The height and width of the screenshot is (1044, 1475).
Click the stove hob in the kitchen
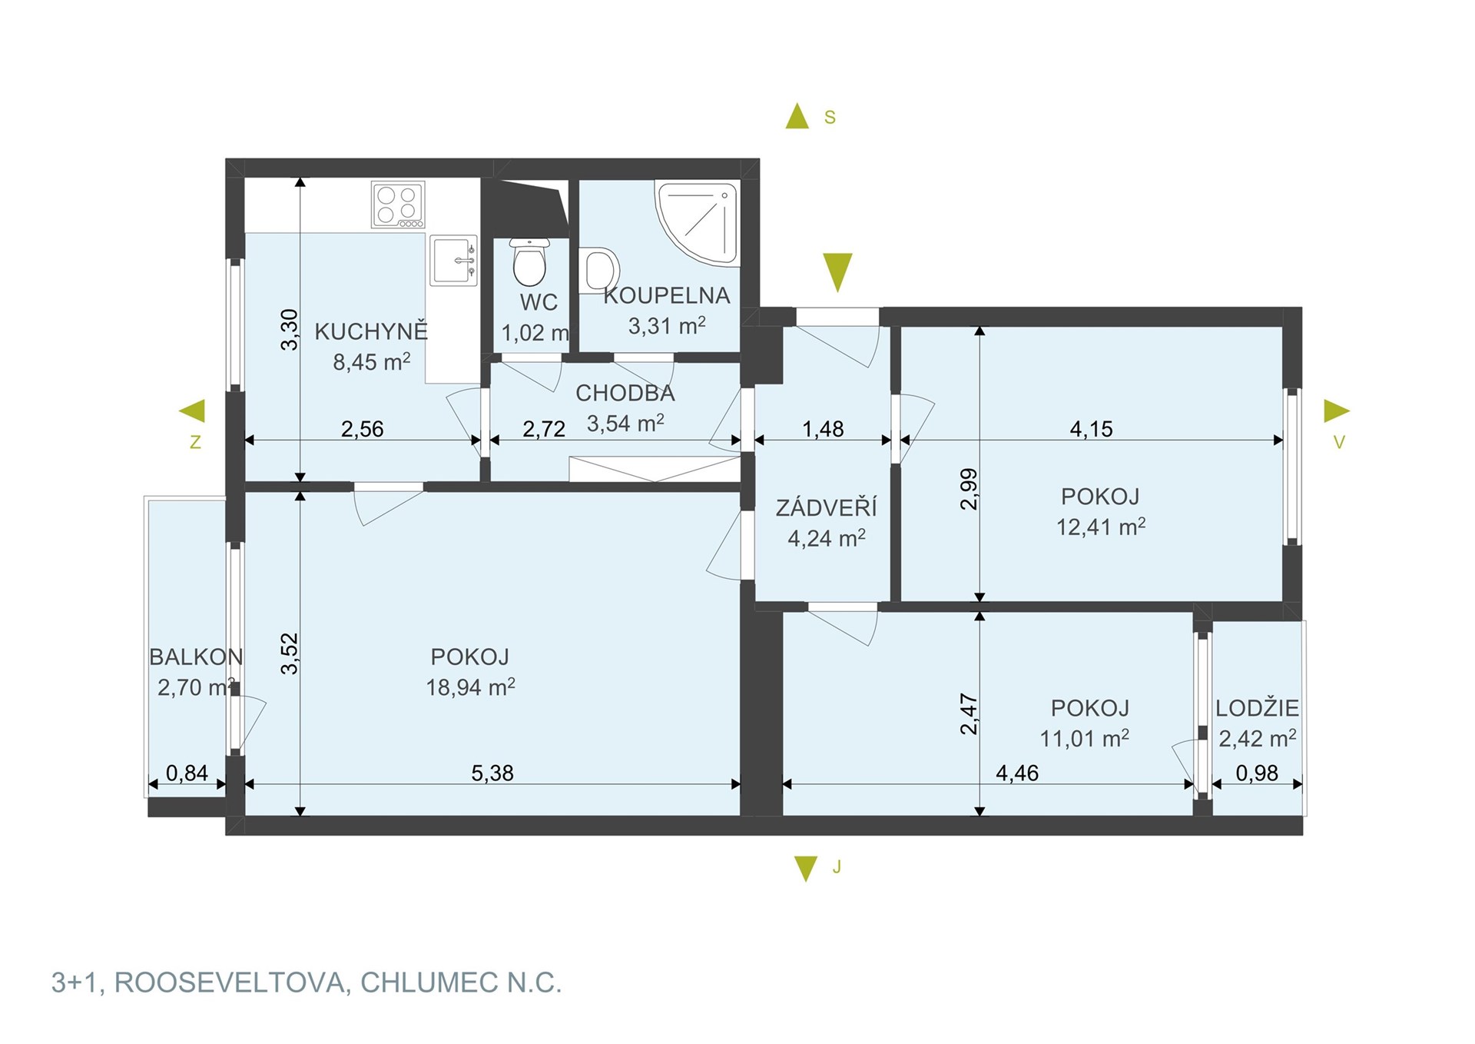398,204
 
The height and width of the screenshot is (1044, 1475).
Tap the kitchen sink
454,261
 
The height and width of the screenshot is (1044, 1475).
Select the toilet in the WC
529,261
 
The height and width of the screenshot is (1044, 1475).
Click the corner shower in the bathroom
698,223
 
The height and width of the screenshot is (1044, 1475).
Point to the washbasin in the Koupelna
599,271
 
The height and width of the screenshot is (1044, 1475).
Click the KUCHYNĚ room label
371,331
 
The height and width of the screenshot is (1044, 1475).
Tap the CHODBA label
625,394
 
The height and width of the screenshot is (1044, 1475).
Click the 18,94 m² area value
470,687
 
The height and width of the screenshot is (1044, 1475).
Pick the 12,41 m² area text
1101,527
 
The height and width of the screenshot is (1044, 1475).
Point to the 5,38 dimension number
492,773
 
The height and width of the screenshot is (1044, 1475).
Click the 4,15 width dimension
1091,429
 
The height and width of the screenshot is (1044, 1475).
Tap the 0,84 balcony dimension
187,773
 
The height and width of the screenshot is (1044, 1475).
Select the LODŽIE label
1257,708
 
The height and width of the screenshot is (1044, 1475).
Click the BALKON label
196,657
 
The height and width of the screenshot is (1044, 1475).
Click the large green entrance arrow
837,272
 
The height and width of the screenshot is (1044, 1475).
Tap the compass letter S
830,118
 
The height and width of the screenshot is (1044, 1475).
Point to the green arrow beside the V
1337,411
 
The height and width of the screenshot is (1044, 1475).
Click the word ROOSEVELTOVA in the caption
230,982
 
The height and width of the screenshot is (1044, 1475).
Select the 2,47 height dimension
969,713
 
